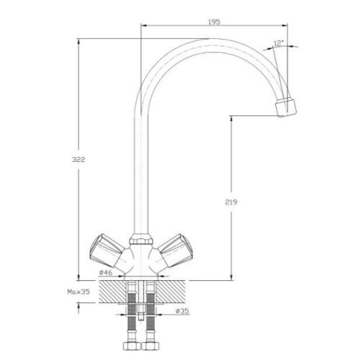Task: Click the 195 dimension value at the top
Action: pyautogui.click(x=214, y=22)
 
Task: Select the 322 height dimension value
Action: pyautogui.click(x=78, y=159)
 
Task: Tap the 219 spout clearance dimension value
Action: pyautogui.click(x=231, y=202)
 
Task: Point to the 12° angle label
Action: pyautogui.click(x=279, y=43)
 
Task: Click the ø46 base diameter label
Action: pyautogui.click(x=106, y=272)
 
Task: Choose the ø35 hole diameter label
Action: pyautogui.click(x=182, y=311)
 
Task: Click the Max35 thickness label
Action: pyautogui.click(x=78, y=292)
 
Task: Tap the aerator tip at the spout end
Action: pyautogui.click(x=286, y=107)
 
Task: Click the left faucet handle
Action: pyautogui.click(x=106, y=251)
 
